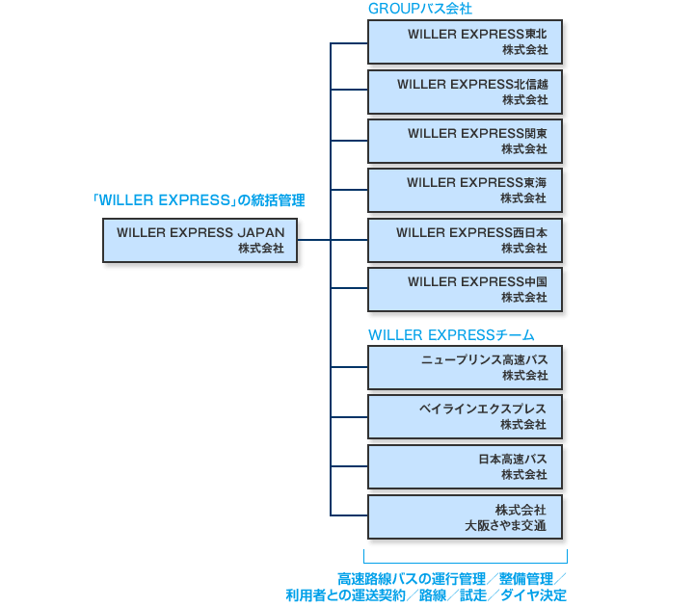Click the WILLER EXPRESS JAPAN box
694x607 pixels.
[200, 240]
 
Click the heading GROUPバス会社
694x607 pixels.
[419, 9]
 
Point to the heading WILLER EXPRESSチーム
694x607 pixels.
[451, 334]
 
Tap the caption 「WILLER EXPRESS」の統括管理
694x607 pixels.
[199, 200]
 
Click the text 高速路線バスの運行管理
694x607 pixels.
[411, 579]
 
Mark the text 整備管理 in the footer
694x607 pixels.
[526, 579]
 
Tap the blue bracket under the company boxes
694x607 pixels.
[466, 561]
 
